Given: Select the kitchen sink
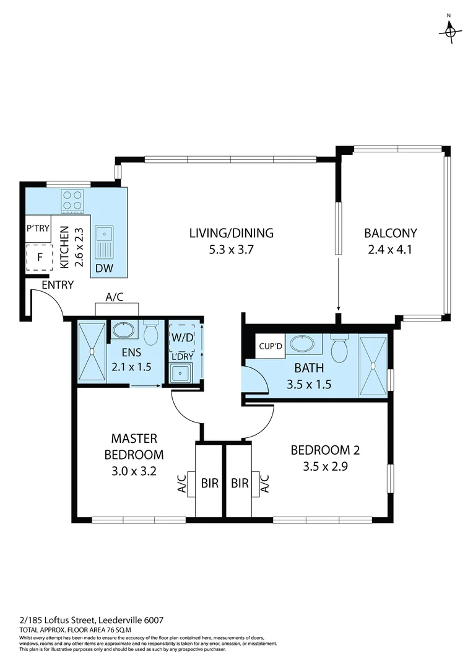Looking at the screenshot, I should click(103, 242).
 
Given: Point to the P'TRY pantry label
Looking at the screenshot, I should click(38, 229).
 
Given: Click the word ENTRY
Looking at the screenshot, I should click(58, 285).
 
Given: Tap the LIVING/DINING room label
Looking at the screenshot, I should click(231, 234).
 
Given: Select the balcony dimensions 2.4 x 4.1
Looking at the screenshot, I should click(390, 250).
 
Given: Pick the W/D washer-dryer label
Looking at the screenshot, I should click(182, 338).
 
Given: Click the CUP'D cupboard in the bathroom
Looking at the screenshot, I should click(271, 346).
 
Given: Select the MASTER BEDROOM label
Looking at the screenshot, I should click(134, 447).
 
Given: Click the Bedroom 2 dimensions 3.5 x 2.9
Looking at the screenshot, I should click(325, 467).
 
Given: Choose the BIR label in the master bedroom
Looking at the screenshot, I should click(210, 483).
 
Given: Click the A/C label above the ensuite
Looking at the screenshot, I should click(115, 297).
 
